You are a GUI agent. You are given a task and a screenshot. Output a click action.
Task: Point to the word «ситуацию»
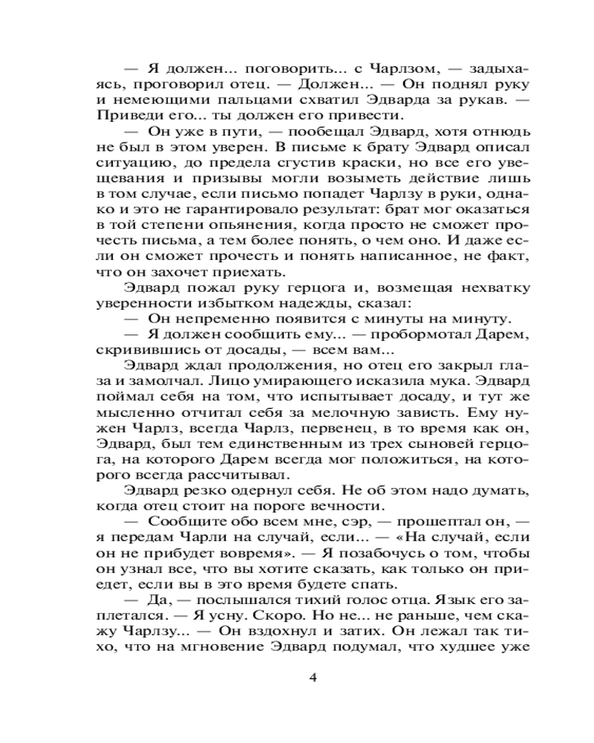click(124, 164)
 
